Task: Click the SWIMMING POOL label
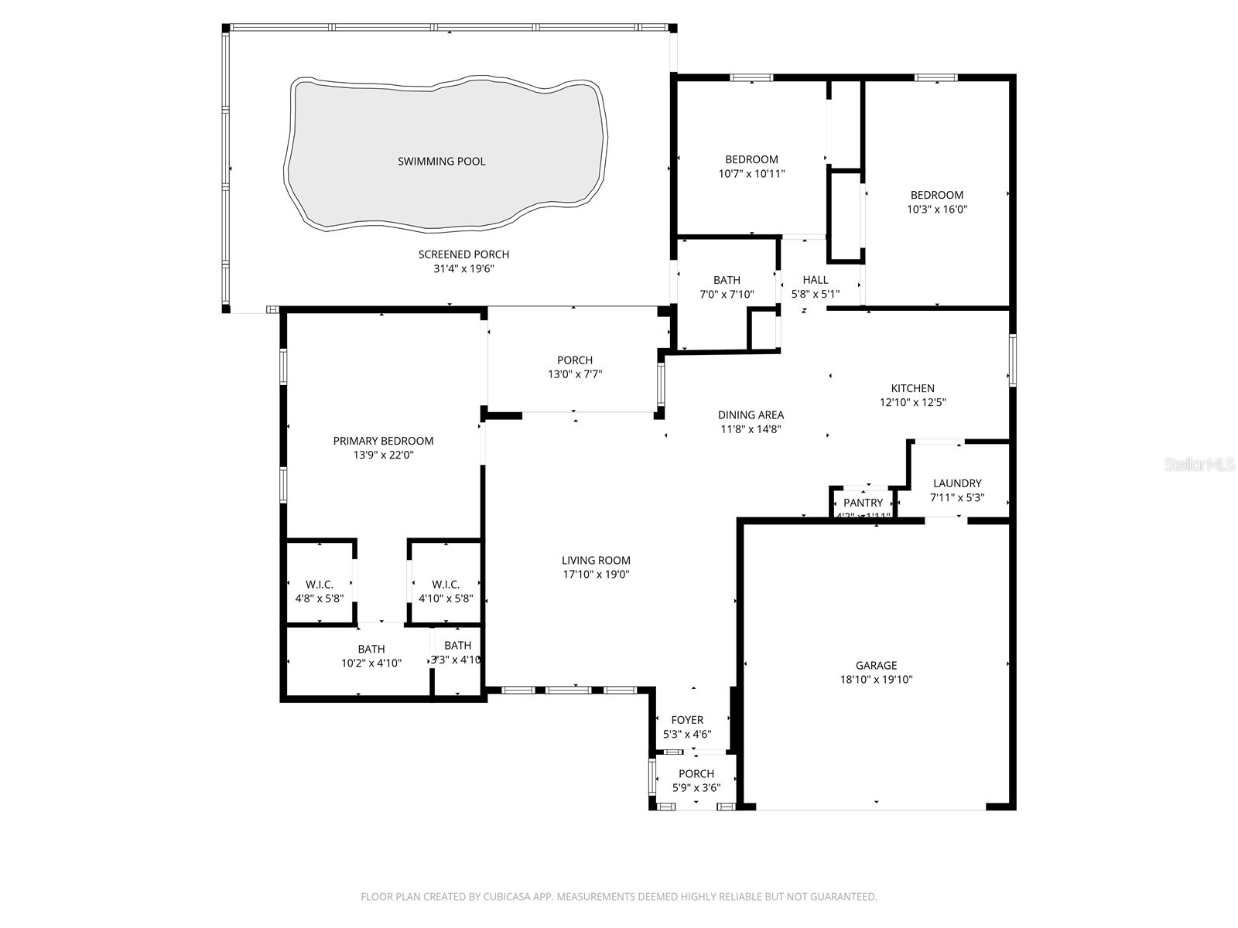pyautogui.click(x=441, y=161)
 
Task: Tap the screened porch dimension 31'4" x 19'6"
pyautogui.click(x=463, y=269)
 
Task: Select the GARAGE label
pyautogui.click(x=876, y=665)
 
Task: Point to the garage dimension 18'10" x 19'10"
pyautogui.click(x=876, y=680)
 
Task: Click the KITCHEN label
pyautogui.click(x=912, y=388)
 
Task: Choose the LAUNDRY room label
pyautogui.click(x=957, y=483)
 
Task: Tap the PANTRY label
pyautogui.click(x=863, y=503)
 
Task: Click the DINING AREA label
pyautogui.click(x=751, y=415)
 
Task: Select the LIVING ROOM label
pyautogui.click(x=596, y=560)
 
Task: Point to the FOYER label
pyautogui.click(x=687, y=720)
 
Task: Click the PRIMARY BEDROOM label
pyautogui.click(x=383, y=441)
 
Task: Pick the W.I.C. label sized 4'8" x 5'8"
pyautogui.click(x=320, y=585)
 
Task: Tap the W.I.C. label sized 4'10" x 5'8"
pyautogui.click(x=446, y=585)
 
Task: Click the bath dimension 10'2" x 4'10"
pyautogui.click(x=371, y=664)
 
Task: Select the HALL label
pyautogui.click(x=815, y=280)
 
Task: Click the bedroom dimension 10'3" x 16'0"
pyautogui.click(x=937, y=210)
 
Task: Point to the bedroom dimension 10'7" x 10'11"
pyautogui.click(x=751, y=174)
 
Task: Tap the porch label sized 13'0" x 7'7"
pyautogui.click(x=575, y=360)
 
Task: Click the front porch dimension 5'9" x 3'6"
pyautogui.click(x=696, y=788)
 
